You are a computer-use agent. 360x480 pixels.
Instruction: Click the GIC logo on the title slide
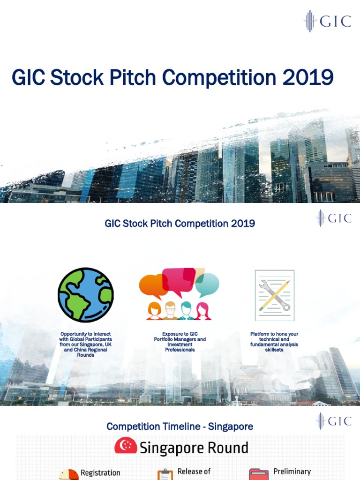(x=327, y=21)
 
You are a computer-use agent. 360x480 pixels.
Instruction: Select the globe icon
(x=86, y=295)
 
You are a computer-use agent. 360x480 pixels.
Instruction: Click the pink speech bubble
(x=179, y=279)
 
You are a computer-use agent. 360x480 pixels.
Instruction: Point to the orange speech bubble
(x=153, y=285)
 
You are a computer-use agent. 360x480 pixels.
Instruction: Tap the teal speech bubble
(x=207, y=284)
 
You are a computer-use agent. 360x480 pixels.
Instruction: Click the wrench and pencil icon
(x=274, y=295)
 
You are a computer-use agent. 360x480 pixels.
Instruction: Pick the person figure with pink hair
(x=203, y=312)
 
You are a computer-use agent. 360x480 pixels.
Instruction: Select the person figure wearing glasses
(x=170, y=311)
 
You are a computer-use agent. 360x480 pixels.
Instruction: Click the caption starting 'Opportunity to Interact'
(x=86, y=345)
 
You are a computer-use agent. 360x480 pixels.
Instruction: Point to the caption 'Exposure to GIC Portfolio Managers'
(x=180, y=342)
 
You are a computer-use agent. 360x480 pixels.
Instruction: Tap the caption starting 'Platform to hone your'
(x=274, y=342)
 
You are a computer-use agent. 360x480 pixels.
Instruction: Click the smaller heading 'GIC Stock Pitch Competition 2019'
(x=180, y=223)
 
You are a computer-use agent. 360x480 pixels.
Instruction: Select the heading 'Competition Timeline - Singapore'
(x=180, y=427)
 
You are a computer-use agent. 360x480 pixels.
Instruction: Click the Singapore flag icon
(x=126, y=447)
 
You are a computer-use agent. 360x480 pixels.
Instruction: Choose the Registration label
(x=100, y=473)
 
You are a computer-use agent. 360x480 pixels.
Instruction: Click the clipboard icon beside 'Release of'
(x=165, y=475)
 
